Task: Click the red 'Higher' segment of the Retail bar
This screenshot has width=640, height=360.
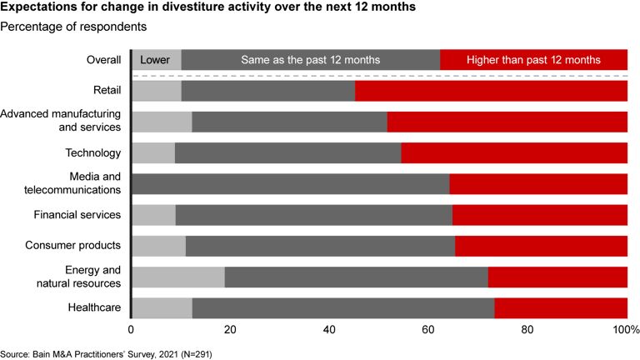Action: [491, 90]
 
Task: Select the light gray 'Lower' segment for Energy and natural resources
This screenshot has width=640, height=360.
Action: [178, 277]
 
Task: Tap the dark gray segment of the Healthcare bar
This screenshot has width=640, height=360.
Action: [342, 307]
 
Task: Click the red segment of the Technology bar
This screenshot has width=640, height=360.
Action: [514, 152]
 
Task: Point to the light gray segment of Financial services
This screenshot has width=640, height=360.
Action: [154, 215]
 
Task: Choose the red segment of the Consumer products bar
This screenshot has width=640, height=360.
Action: [541, 246]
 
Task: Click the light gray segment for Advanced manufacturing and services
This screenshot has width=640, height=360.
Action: [162, 122]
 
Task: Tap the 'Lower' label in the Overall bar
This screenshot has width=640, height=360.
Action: [155, 60]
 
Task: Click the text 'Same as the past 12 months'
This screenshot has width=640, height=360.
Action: [310, 60]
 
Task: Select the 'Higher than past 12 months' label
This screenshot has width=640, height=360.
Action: [533, 60]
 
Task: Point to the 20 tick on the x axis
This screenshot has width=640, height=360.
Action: [230, 330]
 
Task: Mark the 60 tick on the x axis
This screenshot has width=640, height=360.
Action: [428, 330]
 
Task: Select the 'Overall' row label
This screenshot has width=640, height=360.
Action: [104, 60]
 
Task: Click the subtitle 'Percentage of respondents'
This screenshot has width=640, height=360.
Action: [74, 27]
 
